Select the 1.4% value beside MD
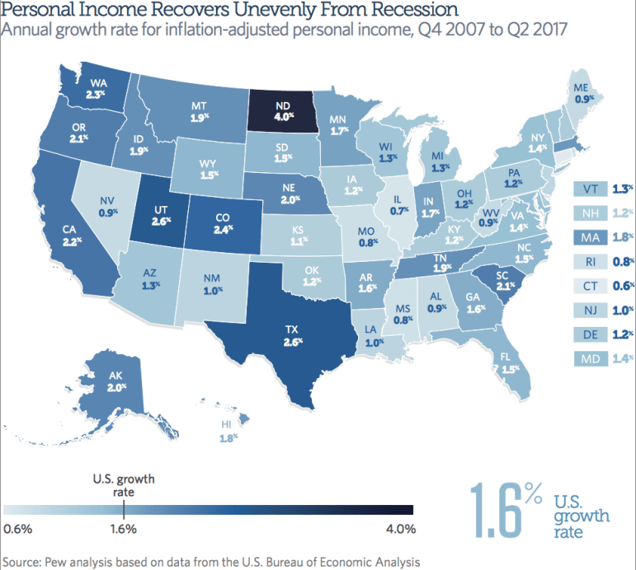coord(622,359)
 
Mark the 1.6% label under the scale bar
coord(122,528)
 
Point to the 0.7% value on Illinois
coord(400,211)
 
